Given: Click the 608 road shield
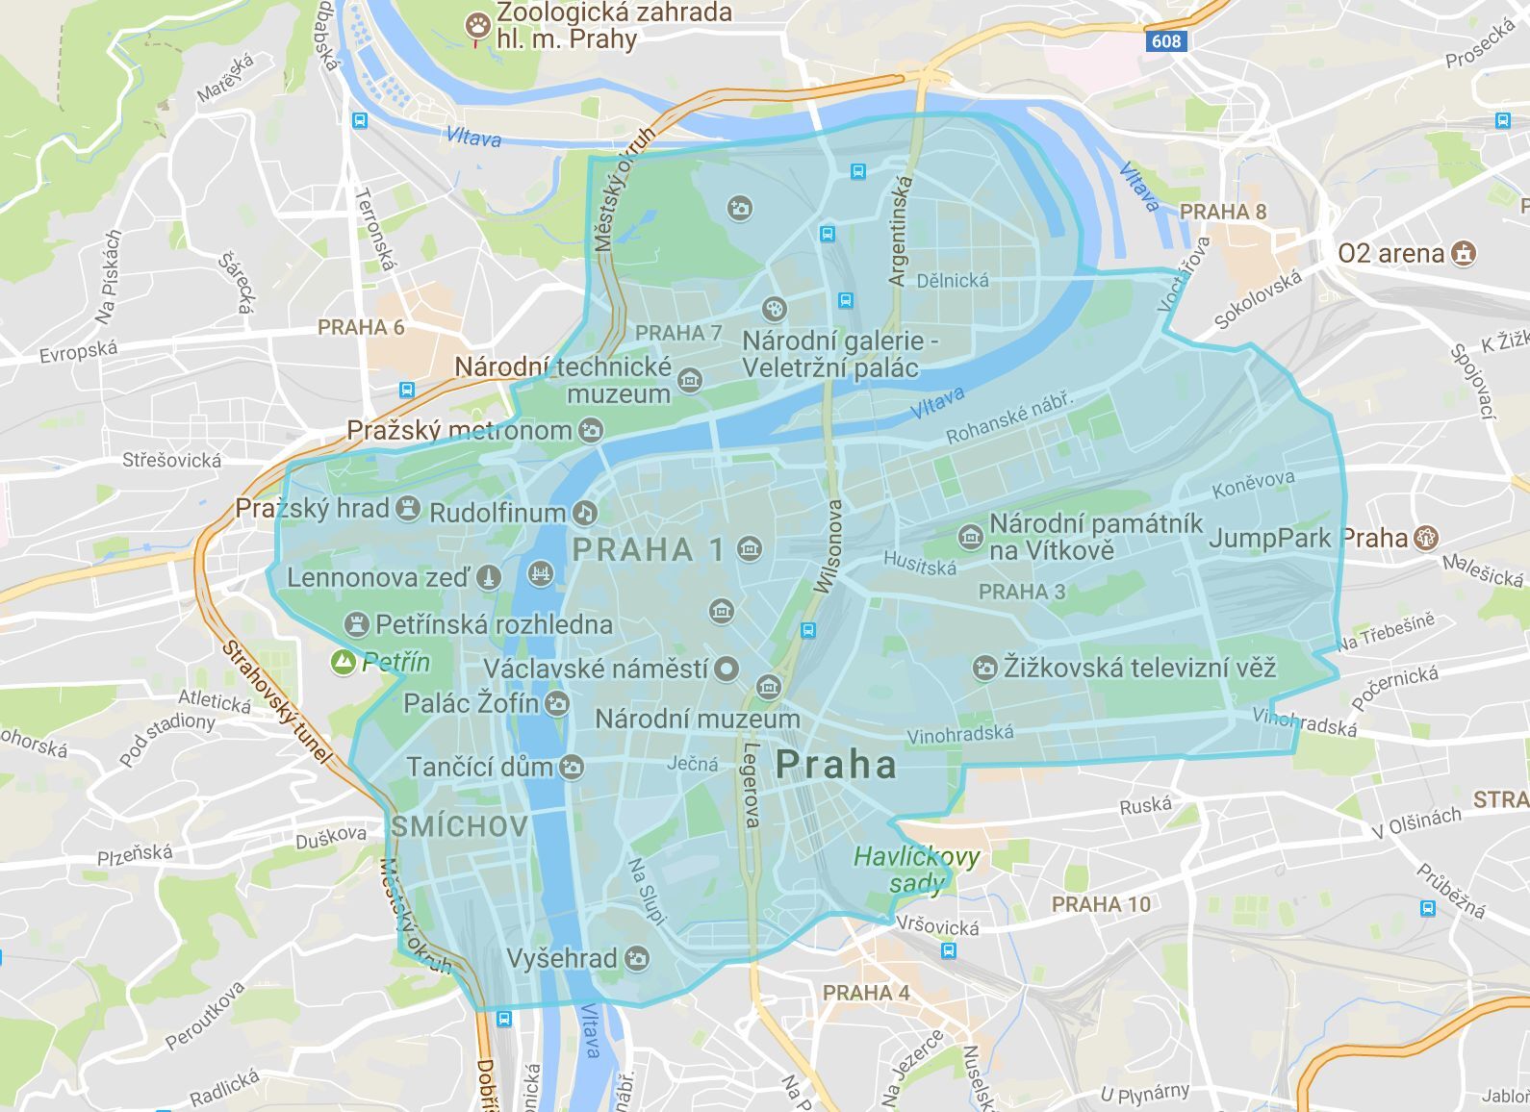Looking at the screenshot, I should [x=1165, y=40].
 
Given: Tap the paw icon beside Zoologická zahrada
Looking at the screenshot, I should [x=477, y=25].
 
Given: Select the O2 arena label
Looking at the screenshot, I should [x=1390, y=254].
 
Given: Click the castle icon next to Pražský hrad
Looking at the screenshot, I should [x=409, y=509].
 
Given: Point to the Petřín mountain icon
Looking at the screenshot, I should [x=343, y=662].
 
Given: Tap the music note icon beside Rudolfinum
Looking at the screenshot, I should [x=584, y=513].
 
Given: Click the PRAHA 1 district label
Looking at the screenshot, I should [x=648, y=550].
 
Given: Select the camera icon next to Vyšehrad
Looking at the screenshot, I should [x=636, y=958].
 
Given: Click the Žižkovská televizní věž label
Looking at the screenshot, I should [x=1139, y=668].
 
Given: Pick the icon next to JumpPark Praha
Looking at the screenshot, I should [x=1426, y=538].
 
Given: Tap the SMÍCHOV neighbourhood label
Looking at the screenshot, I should [x=459, y=826].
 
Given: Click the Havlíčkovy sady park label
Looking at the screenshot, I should [x=916, y=870].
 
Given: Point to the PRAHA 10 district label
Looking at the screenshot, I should [x=1101, y=904].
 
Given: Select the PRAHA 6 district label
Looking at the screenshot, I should [x=361, y=327].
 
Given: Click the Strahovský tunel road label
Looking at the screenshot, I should [x=276, y=702].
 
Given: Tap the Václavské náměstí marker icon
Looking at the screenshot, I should [x=727, y=669].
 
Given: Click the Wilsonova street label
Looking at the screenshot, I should [x=827, y=546].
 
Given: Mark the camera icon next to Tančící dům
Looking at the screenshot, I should [x=572, y=768].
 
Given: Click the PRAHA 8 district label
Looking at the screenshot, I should [x=1222, y=212].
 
